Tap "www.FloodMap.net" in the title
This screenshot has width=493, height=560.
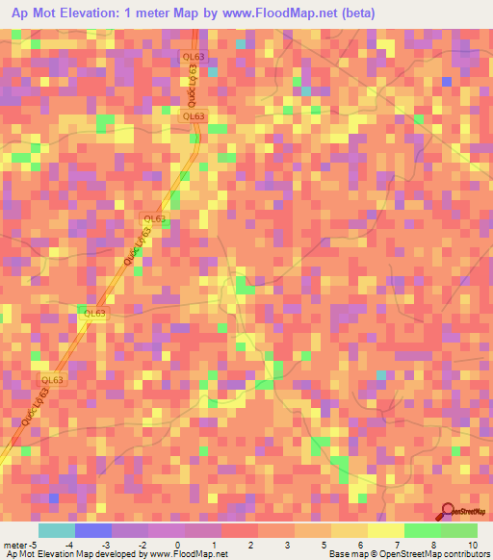[x=284, y=13]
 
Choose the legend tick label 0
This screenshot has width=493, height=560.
[x=177, y=546]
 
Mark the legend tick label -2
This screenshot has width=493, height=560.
[x=141, y=546]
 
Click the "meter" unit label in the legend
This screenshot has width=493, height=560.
[x=16, y=546]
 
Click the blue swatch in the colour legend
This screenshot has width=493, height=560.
[x=92, y=530]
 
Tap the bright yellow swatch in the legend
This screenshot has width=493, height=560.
[x=385, y=530]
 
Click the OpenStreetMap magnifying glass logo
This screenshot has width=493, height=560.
[x=447, y=513]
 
